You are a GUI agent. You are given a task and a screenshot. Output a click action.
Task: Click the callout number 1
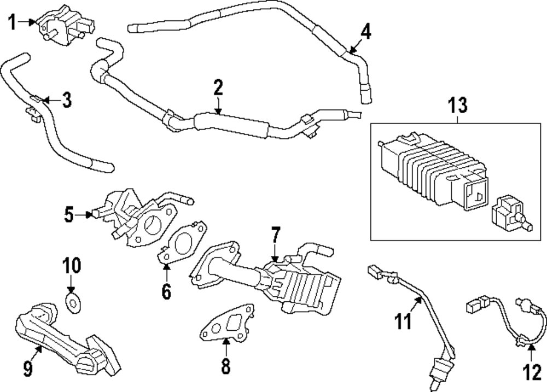(12, 22)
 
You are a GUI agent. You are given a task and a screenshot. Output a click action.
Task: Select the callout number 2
(218, 87)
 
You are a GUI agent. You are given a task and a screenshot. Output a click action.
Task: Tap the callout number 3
(66, 100)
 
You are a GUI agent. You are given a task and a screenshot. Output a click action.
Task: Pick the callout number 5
(68, 215)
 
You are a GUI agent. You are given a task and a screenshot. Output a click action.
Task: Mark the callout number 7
(275, 236)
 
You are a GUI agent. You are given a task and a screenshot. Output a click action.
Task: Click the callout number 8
(225, 366)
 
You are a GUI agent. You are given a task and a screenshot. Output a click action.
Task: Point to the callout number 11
(403, 321)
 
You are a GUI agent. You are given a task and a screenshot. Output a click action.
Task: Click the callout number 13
(458, 106)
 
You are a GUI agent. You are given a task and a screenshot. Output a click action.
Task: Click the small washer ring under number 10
(72, 300)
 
